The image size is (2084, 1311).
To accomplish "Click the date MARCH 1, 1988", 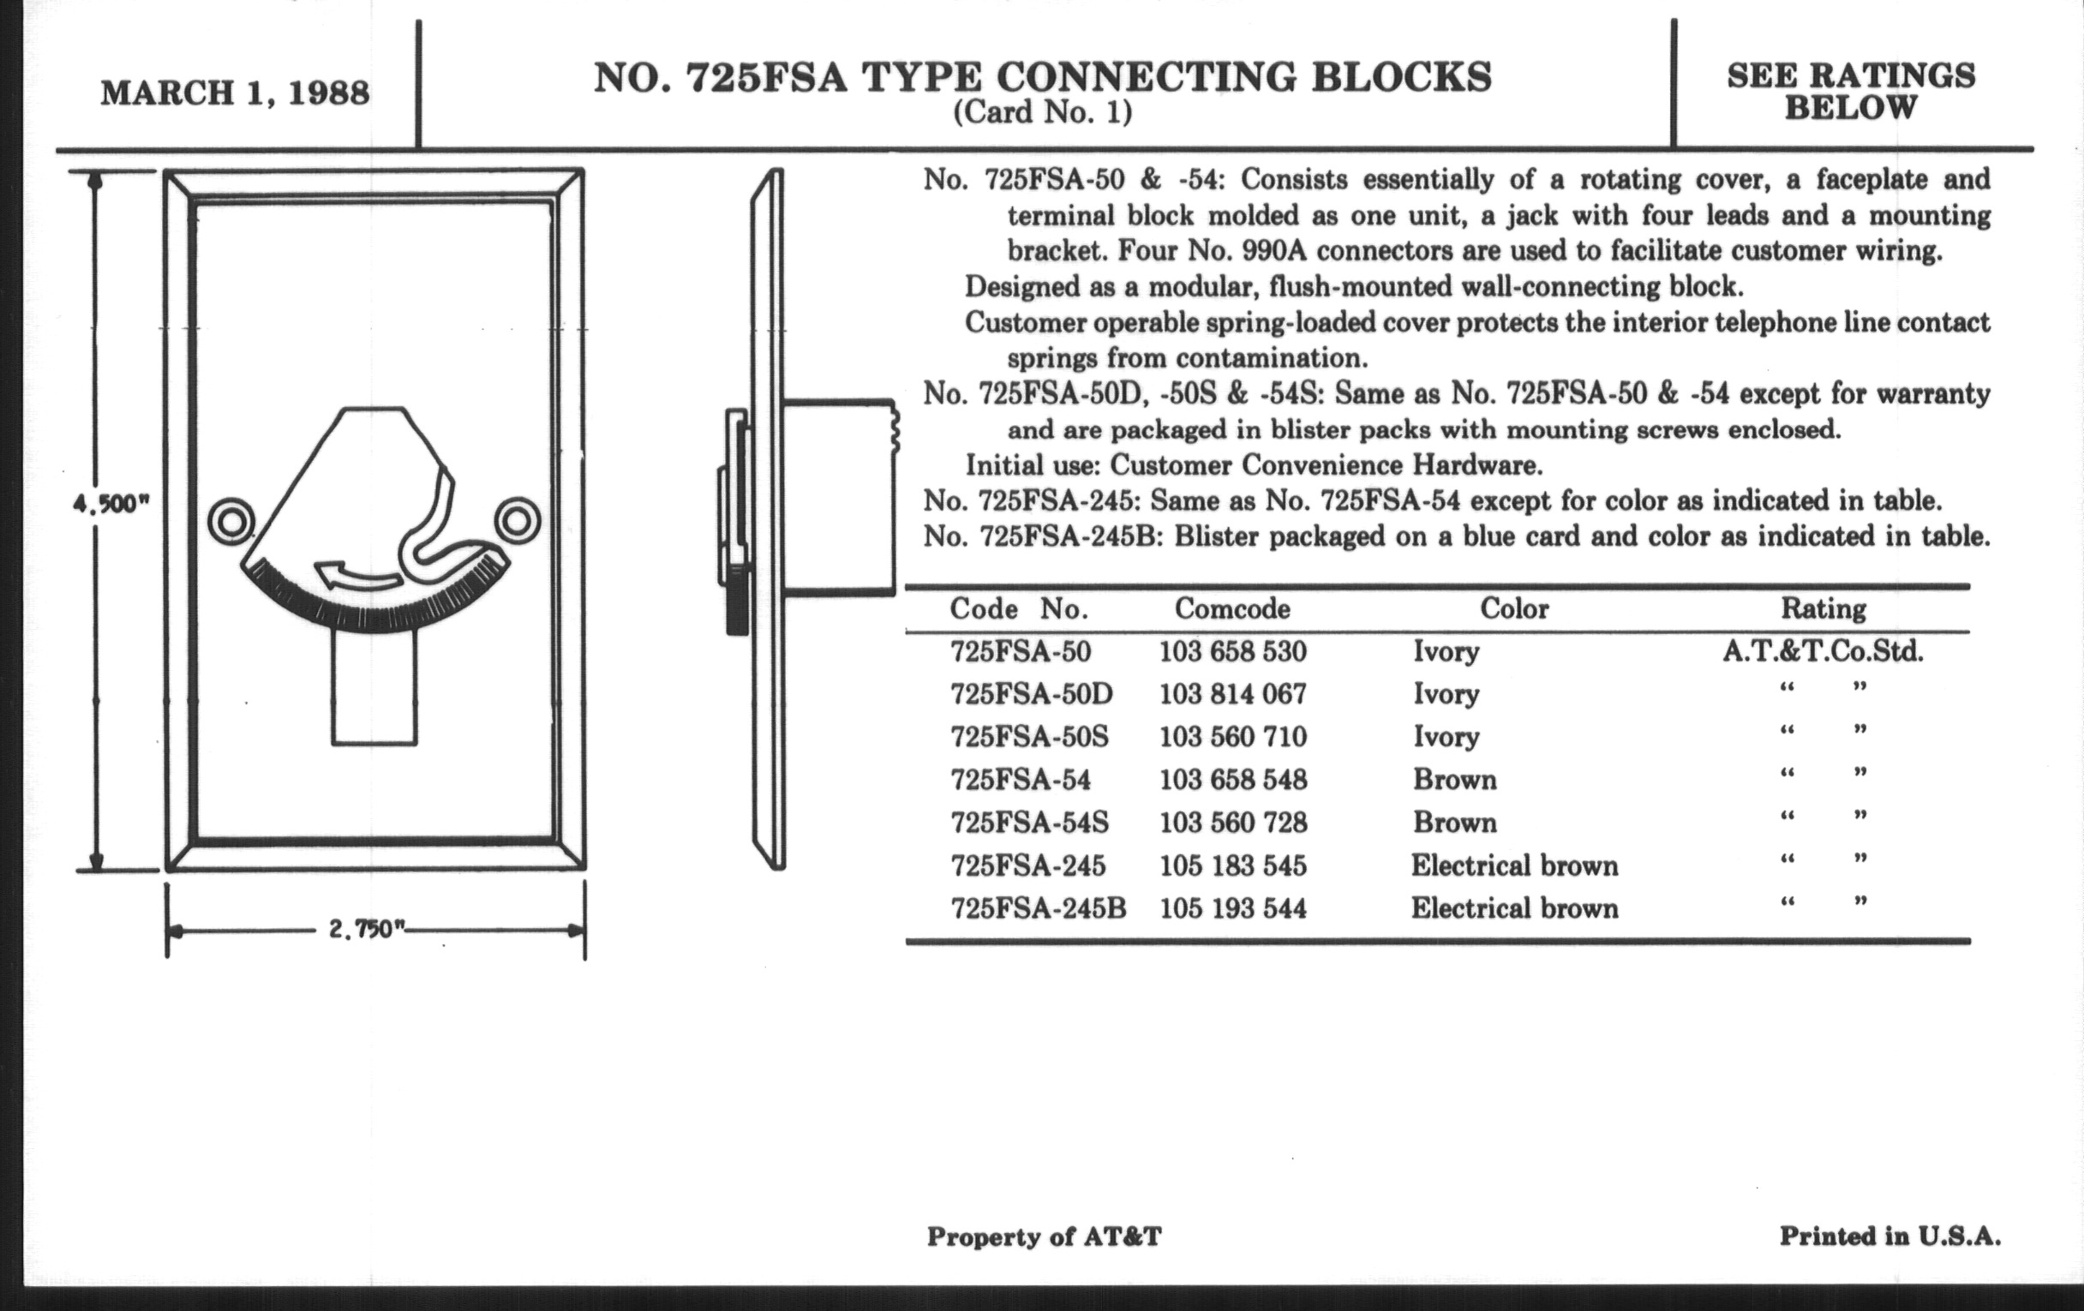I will tap(235, 93).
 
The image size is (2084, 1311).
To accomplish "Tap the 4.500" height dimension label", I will tap(111, 504).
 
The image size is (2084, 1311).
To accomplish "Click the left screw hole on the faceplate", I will tap(231, 522).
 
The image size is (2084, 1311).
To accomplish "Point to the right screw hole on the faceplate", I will tap(517, 522).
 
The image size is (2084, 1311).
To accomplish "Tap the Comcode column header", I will tap(1231, 609).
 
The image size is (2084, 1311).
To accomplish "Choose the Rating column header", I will tap(1823, 609).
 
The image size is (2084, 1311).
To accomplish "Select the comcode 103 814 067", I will tap(1232, 694).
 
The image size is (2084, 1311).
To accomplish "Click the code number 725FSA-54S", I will tap(1029, 822).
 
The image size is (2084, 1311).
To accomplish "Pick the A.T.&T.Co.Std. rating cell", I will tap(1823, 651).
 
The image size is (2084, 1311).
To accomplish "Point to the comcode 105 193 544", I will tap(1232, 907).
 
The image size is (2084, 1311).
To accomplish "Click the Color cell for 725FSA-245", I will tap(1513, 865).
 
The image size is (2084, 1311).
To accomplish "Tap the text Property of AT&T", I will tap(1044, 1237).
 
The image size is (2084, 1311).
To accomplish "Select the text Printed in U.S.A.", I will tap(1889, 1236).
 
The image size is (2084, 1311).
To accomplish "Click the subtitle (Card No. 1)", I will tap(1042, 113).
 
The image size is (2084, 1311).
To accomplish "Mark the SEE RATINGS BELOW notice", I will tap(1850, 92).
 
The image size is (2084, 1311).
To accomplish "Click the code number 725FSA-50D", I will tap(1031, 694).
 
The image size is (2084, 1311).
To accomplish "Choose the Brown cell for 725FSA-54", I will tap(1454, 780).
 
